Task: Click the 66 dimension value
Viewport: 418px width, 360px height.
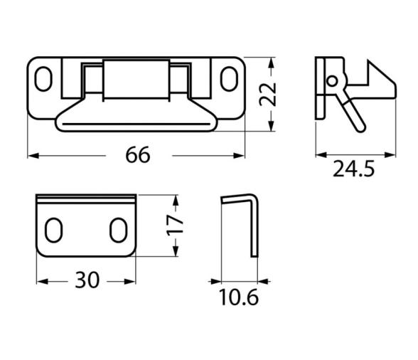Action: pyautogui.click(x=138, y=155)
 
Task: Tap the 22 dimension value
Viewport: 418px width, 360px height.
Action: pyautogui.click(x=268, y=95)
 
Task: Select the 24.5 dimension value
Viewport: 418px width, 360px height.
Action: pyautogui.click(x=354, y=169)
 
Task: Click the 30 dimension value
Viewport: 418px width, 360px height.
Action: pyautogui.click(x=87, y=280)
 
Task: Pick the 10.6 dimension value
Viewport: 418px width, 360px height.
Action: pyautogui.click(x=239, y=297)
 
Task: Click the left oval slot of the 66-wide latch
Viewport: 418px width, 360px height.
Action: pyautogui.click(x=43, y=79)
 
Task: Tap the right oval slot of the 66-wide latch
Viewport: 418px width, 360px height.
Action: pyautogui.click(x=229, y=79)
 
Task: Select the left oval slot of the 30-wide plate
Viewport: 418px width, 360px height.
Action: pyautogui.click(x=53, y=230)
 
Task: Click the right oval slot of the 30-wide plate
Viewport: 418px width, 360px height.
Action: pyautogui.click(x=118, y=230)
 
